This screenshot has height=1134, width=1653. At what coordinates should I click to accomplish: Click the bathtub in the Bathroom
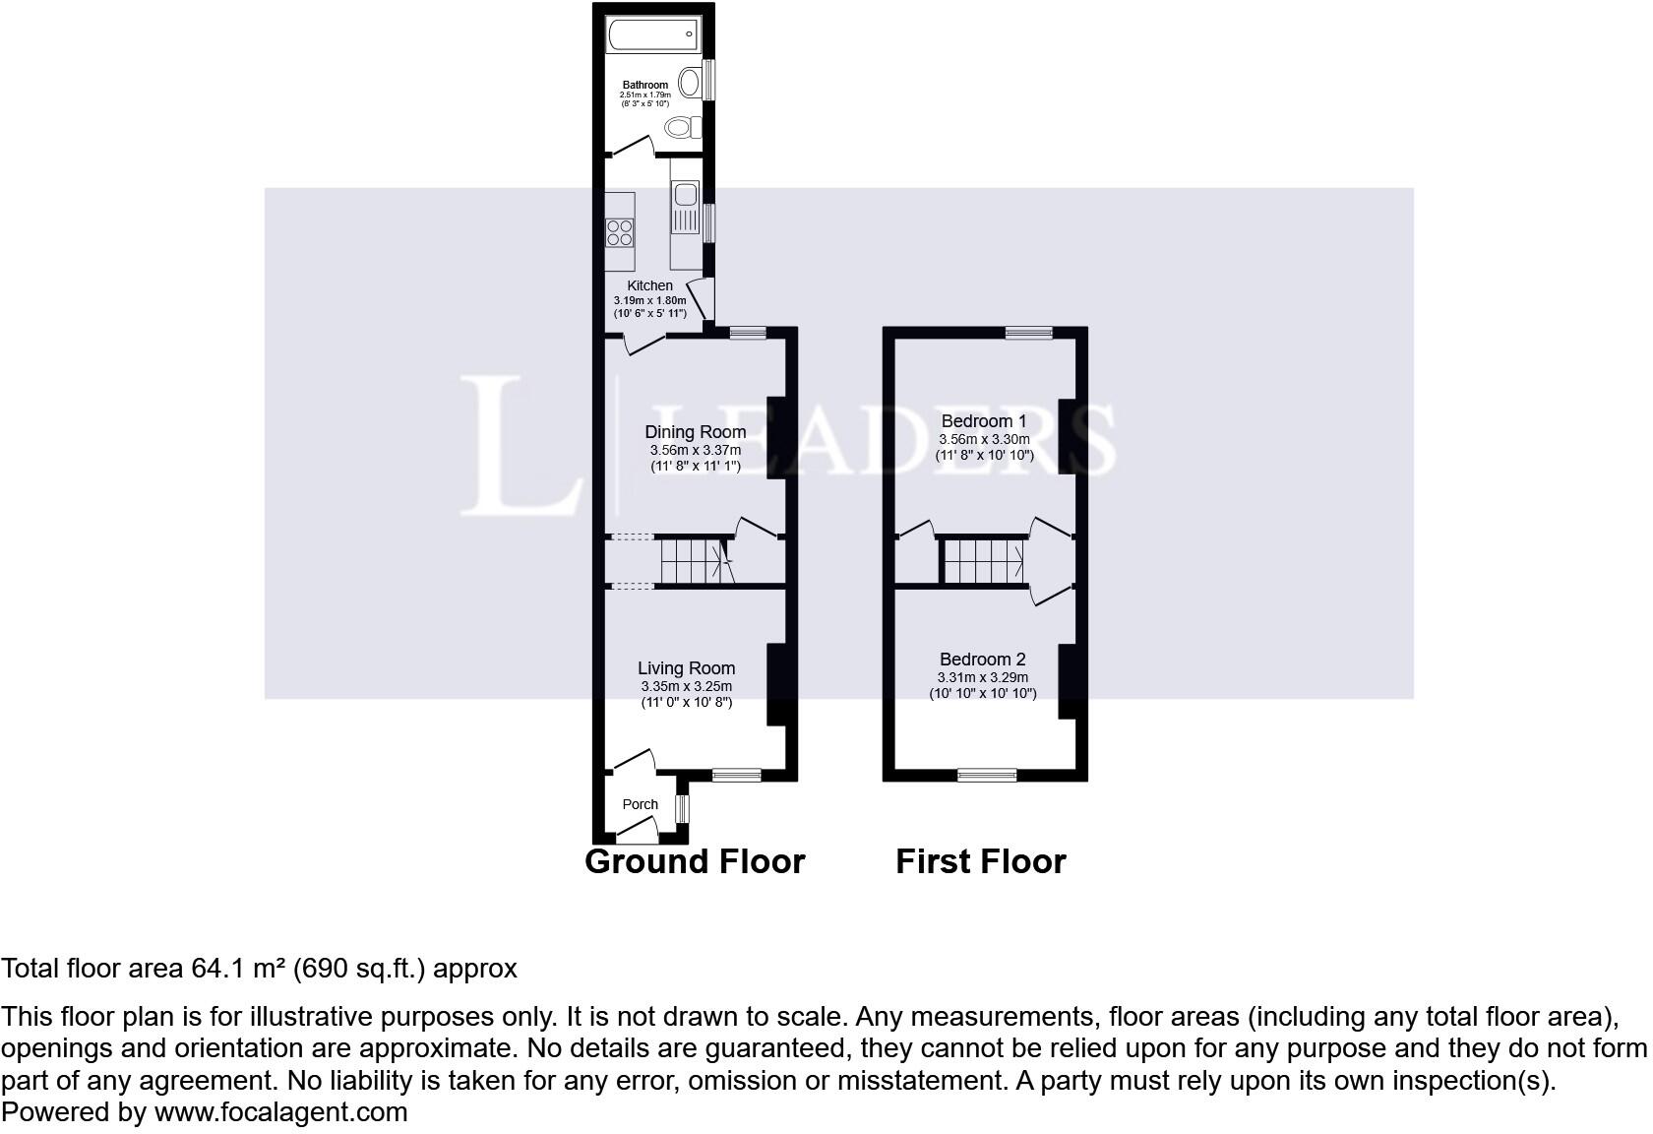click(653, 35)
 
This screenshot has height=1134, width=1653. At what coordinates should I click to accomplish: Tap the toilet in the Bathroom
click(682, 127)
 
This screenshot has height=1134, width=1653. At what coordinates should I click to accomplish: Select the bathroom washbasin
click(691, 82)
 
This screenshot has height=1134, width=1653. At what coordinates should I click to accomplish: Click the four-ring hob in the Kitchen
click(620, 232)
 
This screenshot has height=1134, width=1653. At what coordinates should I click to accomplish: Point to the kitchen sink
click(685, 194)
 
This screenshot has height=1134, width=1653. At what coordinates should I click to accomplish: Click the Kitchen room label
click(649, 285)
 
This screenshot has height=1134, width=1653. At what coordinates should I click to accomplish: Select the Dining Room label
click(695, 431)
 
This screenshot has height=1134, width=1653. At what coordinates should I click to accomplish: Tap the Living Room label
click(686, 668)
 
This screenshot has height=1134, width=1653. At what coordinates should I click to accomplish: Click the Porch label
click(640, 804)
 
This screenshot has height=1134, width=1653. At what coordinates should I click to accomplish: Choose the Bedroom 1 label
click(983, 421)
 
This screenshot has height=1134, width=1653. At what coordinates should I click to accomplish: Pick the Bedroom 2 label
click(982, 660)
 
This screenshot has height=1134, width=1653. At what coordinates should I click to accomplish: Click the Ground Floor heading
click(695, 861)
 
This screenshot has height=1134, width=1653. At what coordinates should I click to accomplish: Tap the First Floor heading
click(980, 861)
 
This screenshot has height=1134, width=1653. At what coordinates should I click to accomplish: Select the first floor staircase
click(982, 561)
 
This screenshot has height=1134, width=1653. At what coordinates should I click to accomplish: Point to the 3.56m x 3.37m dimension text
click(695, 450)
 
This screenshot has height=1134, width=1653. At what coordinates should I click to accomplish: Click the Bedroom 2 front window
click(988, 775)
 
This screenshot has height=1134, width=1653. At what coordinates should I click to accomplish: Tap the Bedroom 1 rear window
click(1028, 333)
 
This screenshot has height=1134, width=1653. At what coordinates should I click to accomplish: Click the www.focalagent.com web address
click(280, 1112)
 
